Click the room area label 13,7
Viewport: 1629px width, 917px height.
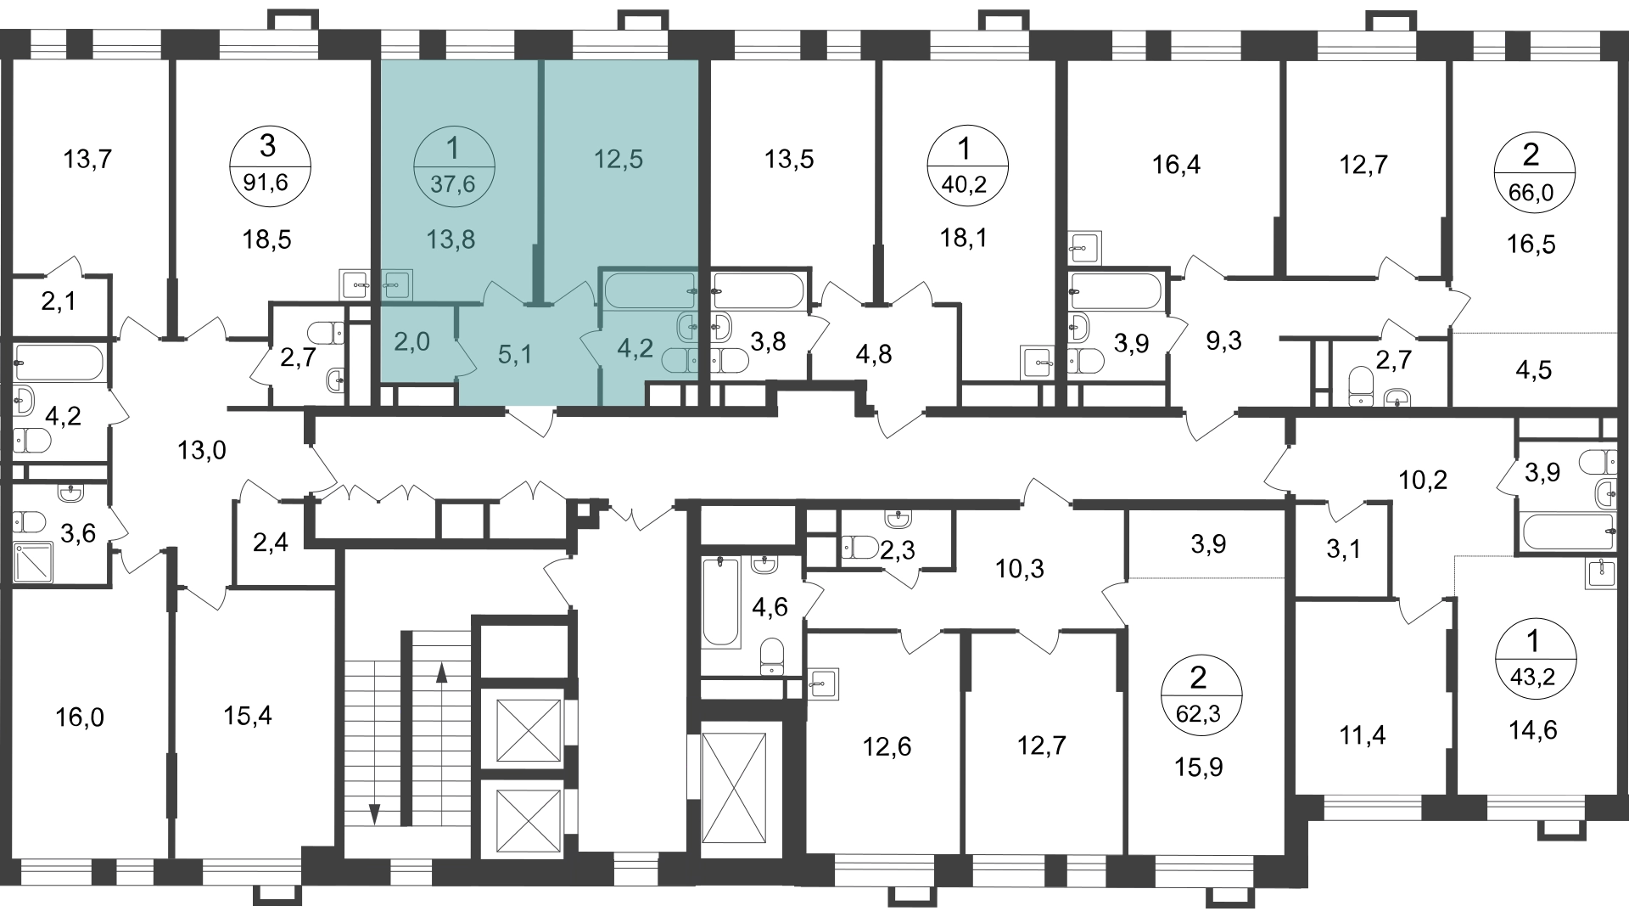click(x=87, y=158)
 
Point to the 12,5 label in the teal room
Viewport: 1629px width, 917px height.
click(x=619, y=159)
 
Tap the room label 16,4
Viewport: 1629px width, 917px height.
click(x=1177, y=165)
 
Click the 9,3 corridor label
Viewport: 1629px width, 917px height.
click(x=1223, y=341)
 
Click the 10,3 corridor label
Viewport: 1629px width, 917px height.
click(x=1020, y=568)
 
